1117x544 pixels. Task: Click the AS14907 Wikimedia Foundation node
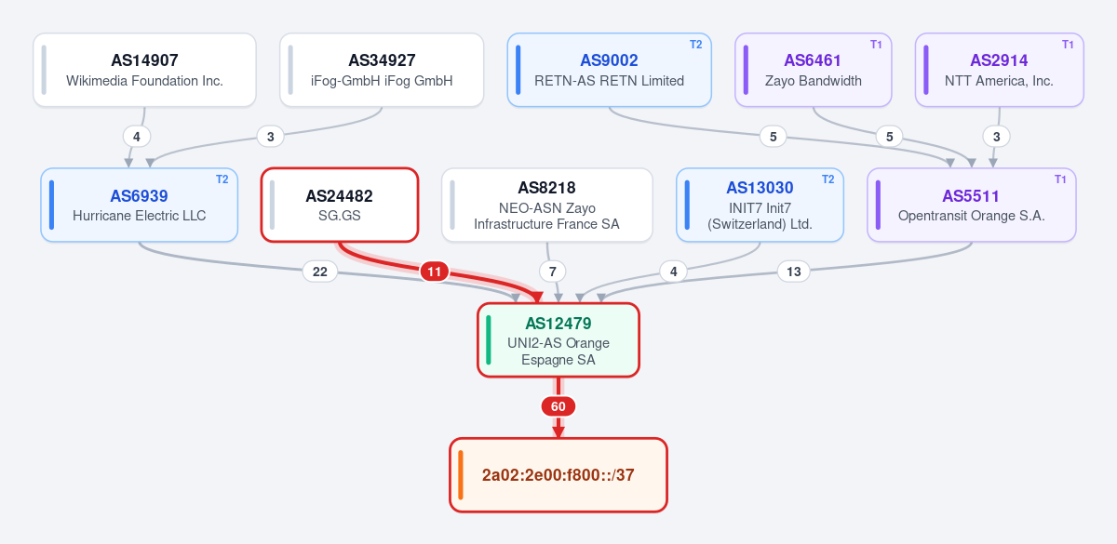click(x=144, y=70)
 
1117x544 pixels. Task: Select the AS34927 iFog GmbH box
click(x=382, y=70)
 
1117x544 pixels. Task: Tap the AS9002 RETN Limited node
click(x=609, y=70)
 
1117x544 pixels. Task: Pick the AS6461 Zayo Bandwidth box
click(x=813, y=70)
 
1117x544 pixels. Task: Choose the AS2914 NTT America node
click(x=1000, y=70)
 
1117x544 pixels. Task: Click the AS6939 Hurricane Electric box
click(x=139, y=205)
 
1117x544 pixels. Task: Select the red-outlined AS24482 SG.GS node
click(x=340, y=205)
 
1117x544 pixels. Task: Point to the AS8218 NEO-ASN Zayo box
click(x=547, y=205)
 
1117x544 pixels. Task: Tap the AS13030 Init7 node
click(x=760, y=205)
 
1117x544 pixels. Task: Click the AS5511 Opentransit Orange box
click(x=972, y=205)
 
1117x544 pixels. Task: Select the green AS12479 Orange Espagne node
click(x=558, y=339)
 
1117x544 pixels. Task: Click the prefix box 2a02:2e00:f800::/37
click(x=558, y=475)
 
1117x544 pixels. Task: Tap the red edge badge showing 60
click(x=558, y=406)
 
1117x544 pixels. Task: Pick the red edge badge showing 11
click(x=435, y=272)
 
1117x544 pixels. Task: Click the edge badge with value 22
click(x=320, y=272)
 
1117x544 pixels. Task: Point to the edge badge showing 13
click(x=793, y=272)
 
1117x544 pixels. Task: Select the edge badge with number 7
click(x=553, y=272)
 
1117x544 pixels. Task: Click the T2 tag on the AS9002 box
click(x=695, y=45)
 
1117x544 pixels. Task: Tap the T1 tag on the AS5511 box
click(x=1060, y=179)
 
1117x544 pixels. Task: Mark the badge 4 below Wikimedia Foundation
click(x=137, y=137)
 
